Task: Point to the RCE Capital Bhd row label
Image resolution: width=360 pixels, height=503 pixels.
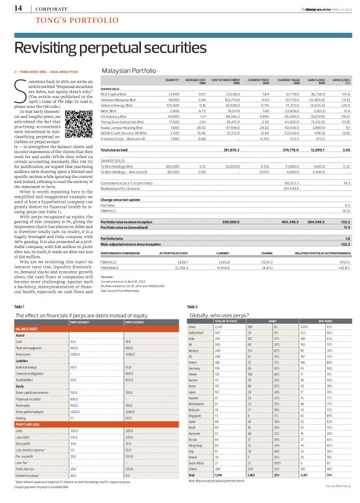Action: [114, 93]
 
